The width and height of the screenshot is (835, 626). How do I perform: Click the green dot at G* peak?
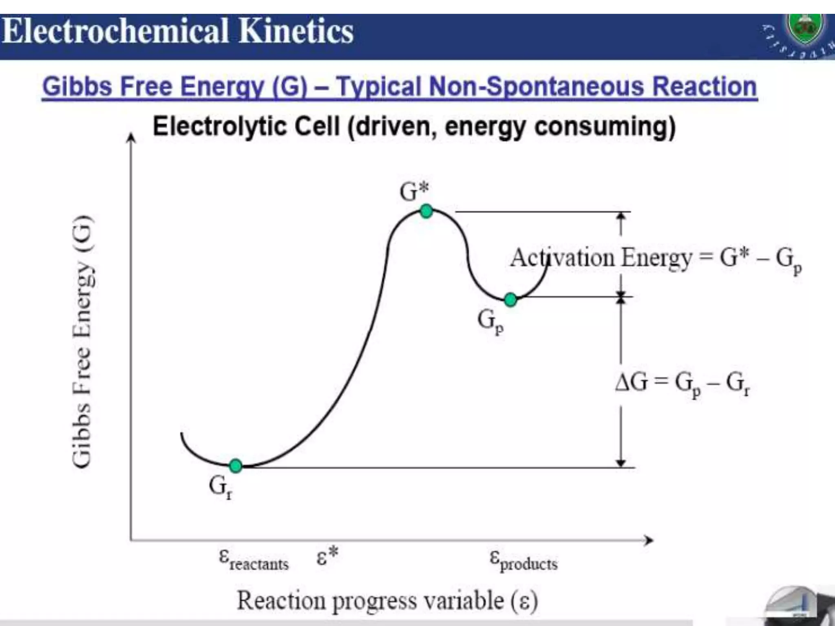[x=426, y=211]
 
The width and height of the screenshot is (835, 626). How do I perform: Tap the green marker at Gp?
[x=510, y=300]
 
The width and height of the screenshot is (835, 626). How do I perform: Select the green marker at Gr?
[x=236, y=465]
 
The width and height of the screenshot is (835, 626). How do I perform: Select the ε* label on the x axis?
[x=327, y=556]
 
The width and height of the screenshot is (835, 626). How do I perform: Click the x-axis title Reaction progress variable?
[x=387, y=601]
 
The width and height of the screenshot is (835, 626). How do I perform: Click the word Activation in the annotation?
[x=562, y=258]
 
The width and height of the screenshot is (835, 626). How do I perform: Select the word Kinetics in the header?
[x=296, y=32]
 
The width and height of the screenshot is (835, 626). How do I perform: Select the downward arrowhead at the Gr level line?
[x=621, y=463]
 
